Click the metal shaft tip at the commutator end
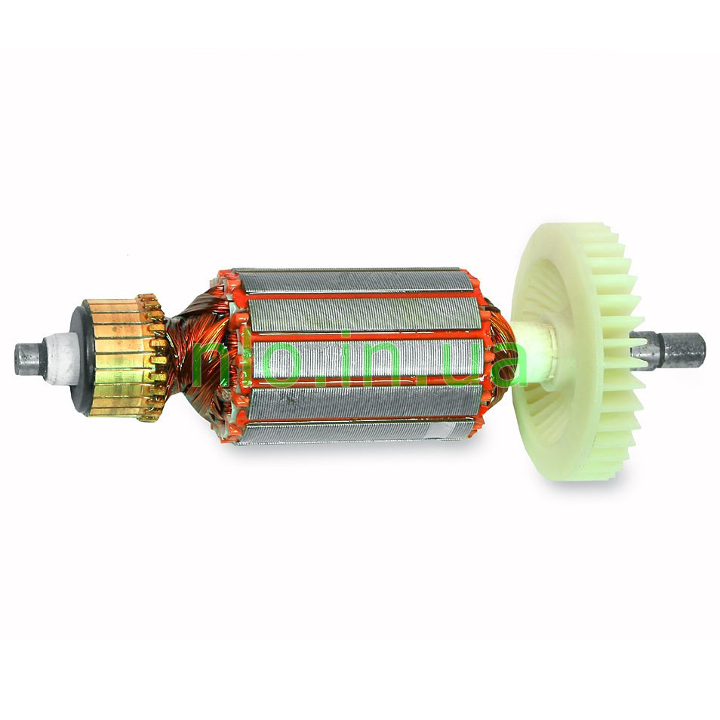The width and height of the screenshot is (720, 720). pyautogui.click(x=30, y=358)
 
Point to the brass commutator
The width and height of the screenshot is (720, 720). pyautogui.click(x=124, y=358)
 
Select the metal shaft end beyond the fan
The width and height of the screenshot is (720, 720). pyautogui.click(x=670, y=351)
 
